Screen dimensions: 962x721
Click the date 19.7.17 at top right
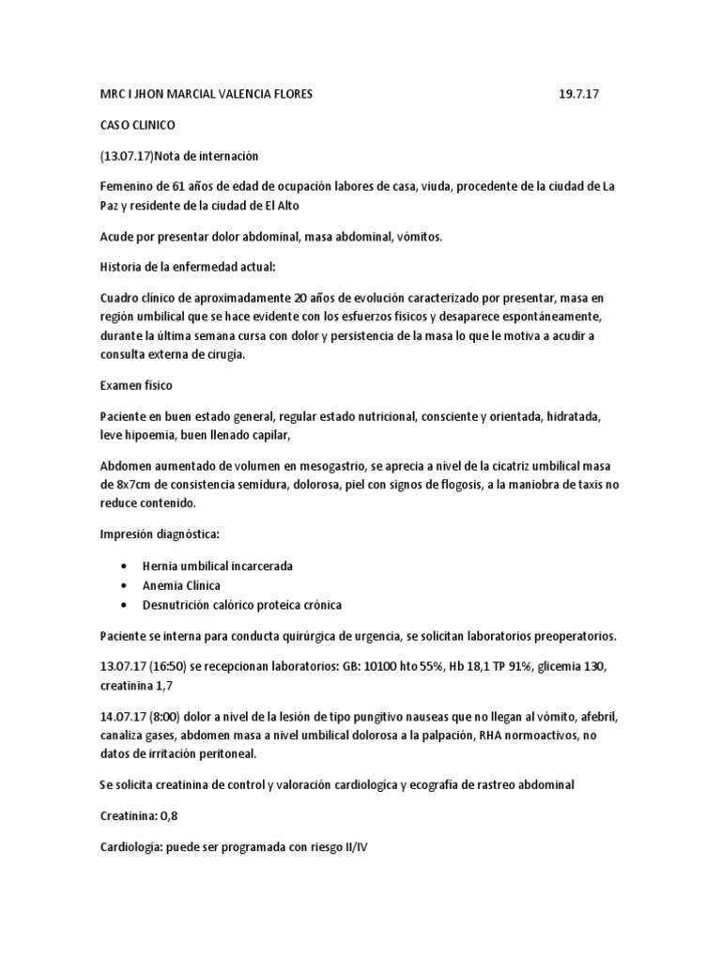(x=580, y=95)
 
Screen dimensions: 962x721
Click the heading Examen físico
(x=136, y=385)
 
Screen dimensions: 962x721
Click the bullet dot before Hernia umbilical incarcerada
(x=124, y=566)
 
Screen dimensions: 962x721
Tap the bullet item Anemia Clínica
(x=181, y=585)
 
